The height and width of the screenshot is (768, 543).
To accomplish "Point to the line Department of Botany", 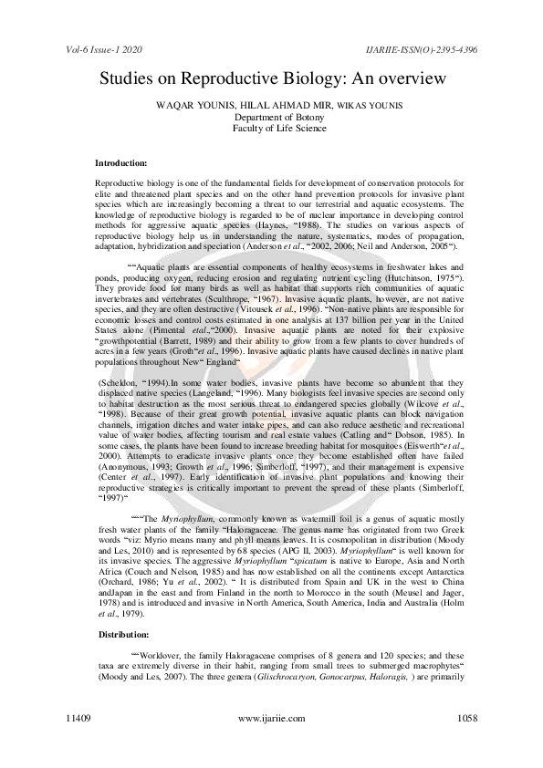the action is coord(271,118).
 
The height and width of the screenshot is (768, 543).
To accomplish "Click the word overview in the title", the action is coord(412,79).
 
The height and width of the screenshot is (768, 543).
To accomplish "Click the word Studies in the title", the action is coord(129,79).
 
